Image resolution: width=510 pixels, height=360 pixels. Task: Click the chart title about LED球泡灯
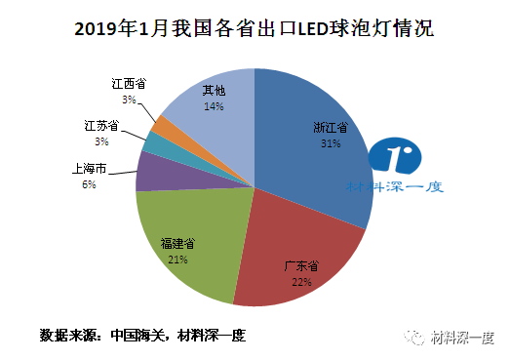(x=255, y=28)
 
